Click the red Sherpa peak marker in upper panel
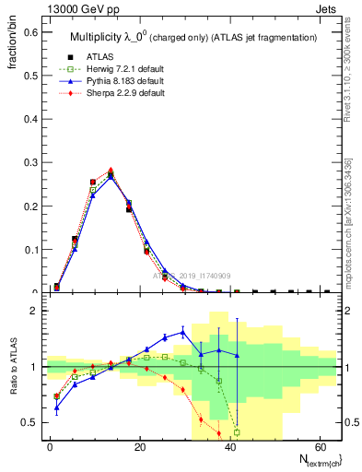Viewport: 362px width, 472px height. point(111,170)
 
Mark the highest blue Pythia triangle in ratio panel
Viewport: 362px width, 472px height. point(182,332)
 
